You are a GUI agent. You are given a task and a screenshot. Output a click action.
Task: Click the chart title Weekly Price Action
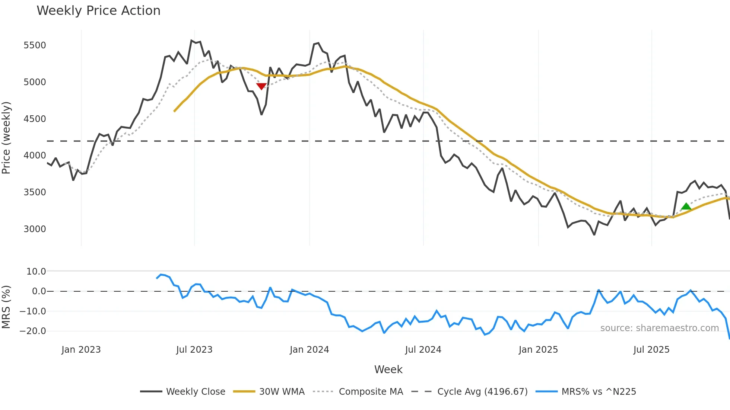click(98, 11)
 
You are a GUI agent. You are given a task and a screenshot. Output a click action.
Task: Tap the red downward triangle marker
click(261, 86)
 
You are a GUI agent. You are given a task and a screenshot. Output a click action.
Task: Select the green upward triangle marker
click(686, 206)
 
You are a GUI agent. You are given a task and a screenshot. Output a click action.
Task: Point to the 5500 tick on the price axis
click(35, 45)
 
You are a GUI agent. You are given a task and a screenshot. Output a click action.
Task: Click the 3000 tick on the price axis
click(35, 229)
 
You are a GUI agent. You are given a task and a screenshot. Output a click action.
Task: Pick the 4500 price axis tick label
click(35, 119)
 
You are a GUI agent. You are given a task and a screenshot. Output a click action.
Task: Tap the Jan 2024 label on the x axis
click(309, 350)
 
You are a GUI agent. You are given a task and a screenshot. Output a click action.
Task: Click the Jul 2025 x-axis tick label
click(651, 350)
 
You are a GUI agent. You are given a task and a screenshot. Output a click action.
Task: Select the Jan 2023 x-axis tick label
click(81, 350)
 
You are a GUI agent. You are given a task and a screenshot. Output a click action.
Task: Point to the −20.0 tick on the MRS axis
click(33, 331)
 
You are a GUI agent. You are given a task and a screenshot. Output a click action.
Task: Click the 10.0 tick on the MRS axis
click(36, 272)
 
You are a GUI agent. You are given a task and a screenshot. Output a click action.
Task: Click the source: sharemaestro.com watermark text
click(659, 328)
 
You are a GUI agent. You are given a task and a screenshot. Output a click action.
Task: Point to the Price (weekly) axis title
click(6, 138)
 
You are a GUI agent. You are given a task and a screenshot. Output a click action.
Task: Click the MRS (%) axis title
click(6, 307)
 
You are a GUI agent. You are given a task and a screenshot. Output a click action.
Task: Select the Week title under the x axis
click(388, 369)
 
